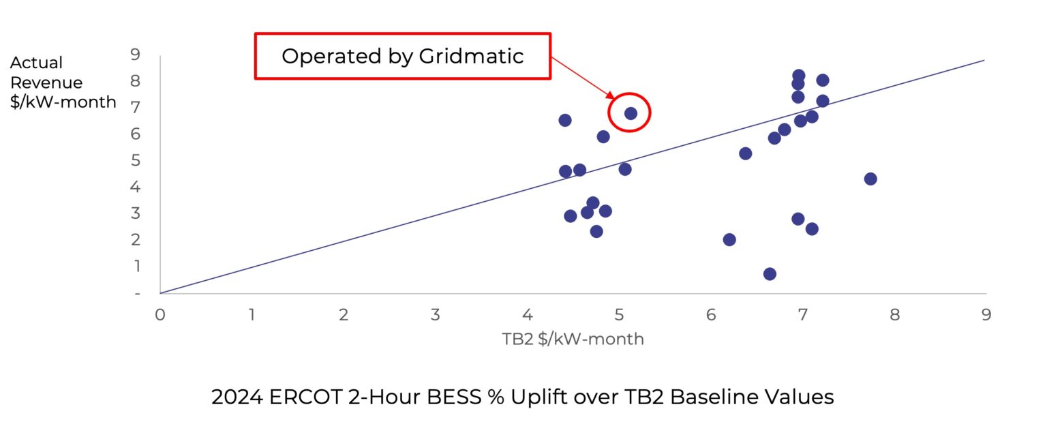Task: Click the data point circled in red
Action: coord(631,113)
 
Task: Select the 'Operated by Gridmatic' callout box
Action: coord(402,56)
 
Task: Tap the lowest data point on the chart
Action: coord(770,274)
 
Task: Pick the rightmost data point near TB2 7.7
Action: coord(870,179)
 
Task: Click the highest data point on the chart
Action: coord(799,76)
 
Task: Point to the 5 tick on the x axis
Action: coord(619,315)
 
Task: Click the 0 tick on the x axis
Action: coord(160,315)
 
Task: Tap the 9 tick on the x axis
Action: coord(986,315)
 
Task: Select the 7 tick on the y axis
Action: coord(136,107)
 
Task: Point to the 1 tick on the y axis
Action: coord(136,266)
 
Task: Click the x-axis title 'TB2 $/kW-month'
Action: coord(573,339)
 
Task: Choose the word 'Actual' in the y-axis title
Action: coord(36,63)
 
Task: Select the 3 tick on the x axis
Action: coord(436,315)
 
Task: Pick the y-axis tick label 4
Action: coord(136,186)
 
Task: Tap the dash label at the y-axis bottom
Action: coord(137,293)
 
